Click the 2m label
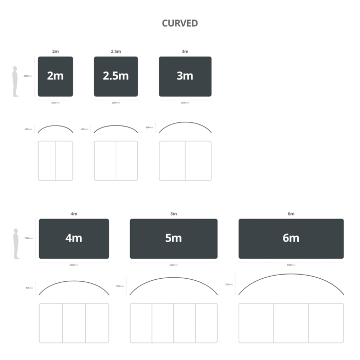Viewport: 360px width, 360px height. (x=55, y=76)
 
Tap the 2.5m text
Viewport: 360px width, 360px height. (x=116, y=76)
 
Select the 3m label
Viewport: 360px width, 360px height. (x=185, y=76)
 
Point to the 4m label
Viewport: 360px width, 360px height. (x=74, y=238)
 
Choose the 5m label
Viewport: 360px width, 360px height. (x=173, y=238)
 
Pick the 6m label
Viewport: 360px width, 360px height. (x=291, y=238)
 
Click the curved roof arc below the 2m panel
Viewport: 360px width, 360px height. (x=56, y=126)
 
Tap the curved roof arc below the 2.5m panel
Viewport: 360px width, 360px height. (x=115, y=125)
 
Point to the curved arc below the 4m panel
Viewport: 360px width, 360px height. (x=74, y=282)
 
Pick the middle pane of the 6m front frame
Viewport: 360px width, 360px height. (x=291, y=325)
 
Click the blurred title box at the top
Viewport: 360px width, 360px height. (x=179, y=23)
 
